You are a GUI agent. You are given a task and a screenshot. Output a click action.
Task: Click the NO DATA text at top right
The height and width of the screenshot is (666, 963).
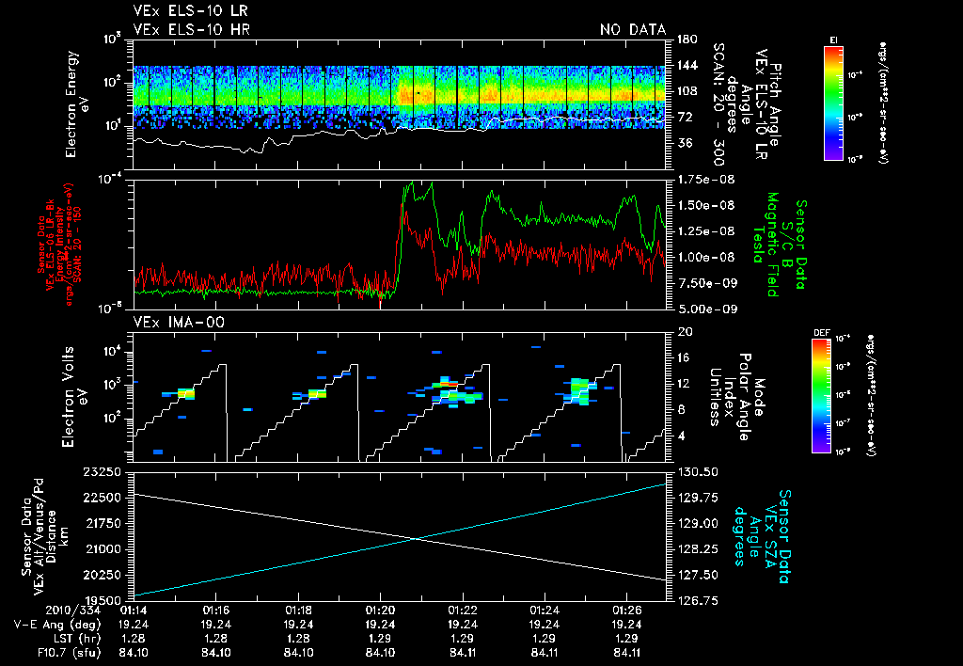tap(632, 29)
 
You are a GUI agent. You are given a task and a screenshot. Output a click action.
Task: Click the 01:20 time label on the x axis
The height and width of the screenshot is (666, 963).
tap(380, 610)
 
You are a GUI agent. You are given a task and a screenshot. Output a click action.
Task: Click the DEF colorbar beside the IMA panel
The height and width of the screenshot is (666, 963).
tap(830, 397)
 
